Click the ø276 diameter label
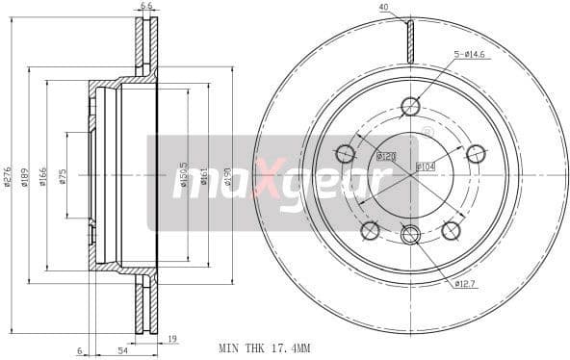[9, 178]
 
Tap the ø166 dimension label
[43, 178]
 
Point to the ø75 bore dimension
[62, 178]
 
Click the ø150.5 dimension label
[183, 178]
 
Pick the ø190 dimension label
[227, 178]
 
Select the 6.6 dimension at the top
[146, 6]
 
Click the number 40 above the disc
[383, 8]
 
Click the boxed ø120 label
[386, 156]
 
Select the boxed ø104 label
[426, 167]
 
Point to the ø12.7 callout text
[467, 283]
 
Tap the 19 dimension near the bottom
[171, 340]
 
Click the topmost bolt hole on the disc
[410, 108]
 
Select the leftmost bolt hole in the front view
[346, 153]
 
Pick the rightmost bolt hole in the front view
[475, 153]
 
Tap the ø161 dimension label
[205, 178]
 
